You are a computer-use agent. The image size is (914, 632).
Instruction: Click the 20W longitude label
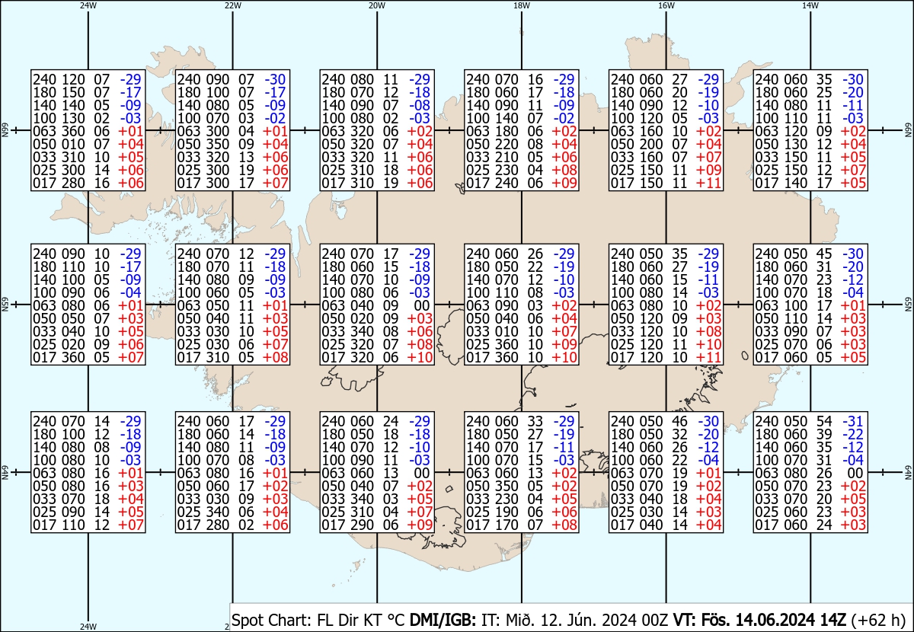pyautogui.click(x=376, y=5)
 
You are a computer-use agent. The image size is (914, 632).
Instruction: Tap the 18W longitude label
pyautogui.click(x=522, y=5)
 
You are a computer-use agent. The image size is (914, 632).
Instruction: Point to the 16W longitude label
pyautogui.click(x=666, y=5)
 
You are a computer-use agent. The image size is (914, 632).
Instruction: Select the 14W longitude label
pyautogui.click(x=810, y=5)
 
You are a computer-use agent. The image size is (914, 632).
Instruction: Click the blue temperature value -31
pyautogui.click(x=853, y=421)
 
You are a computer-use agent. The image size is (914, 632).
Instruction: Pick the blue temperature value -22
pyautogui.click(x=853, y=434)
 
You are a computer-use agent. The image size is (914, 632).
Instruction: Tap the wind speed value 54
pyautogui.click(x=824, y=421)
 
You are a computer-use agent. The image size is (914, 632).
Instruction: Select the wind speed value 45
pyautogui.click(x=824, y=254)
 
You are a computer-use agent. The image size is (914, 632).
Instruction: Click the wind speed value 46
pyautogui.click(x=679, y=421)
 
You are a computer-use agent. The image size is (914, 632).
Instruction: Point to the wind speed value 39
pyautogui.click(x=824, y=434)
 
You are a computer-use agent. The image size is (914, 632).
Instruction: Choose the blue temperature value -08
pyautogui.click(x=420, y=105)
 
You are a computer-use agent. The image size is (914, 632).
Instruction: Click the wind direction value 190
pyautogui.click(x=505, y=512)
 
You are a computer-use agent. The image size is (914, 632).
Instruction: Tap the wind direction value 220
pyautogui.click(x=505, y=144)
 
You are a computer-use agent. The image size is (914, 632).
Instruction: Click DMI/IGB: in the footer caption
pyautogui.click(x=443, y=620)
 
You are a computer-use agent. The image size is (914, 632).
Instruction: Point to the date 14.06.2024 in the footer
pyautogui.click(x=791, y=620)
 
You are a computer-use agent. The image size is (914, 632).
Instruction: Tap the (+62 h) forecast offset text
pyautogui.click(x=878, y=620)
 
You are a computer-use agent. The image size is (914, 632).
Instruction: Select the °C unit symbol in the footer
pyautogui.click(x=395, y=620)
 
